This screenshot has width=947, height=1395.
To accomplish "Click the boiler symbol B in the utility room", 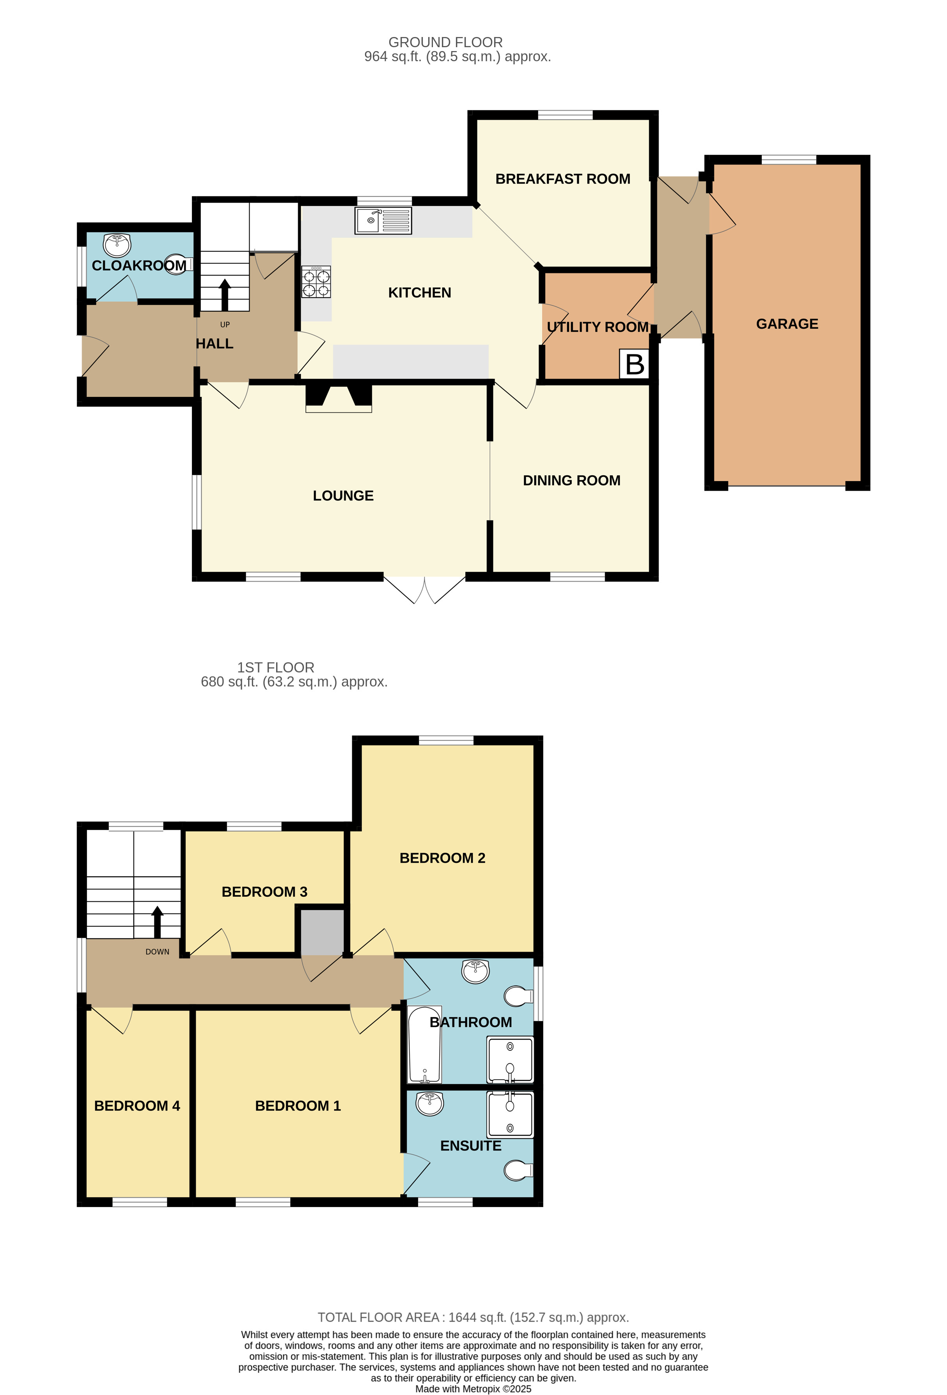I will (634, 364).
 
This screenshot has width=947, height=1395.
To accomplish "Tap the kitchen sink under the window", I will (383, 220).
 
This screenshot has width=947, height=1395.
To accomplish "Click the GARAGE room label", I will (787, 324).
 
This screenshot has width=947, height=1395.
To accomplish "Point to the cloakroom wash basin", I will (117, 244).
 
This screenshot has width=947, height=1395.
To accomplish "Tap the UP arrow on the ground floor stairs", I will (225, 294).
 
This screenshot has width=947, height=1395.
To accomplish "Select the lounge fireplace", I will (339, 398).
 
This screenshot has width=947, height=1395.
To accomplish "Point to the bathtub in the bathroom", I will (425, 1045).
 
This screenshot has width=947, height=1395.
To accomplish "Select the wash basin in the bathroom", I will (475, 971).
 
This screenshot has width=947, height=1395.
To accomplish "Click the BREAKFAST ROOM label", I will (563, 179).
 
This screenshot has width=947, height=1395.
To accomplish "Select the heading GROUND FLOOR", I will (445, 42).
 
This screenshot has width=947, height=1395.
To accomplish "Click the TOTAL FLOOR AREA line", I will (473, 1317).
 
